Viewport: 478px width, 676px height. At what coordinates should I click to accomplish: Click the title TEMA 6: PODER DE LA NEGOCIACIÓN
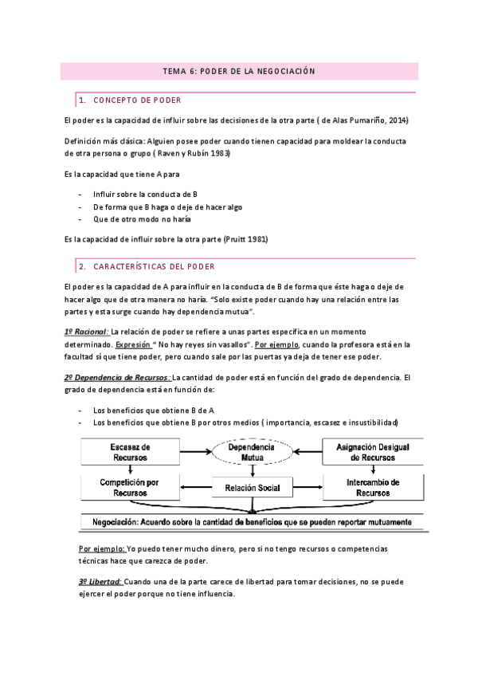click(x=239, y=71)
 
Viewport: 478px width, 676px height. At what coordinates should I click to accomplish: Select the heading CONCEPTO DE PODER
click(x=137, y=100)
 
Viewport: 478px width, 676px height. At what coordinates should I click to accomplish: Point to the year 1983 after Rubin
click(x=219, y=153)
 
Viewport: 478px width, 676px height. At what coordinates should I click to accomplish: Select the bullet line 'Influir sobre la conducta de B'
click(x=145, y=194)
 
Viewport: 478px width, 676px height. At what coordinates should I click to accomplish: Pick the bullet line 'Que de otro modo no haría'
click(x=142, y=218)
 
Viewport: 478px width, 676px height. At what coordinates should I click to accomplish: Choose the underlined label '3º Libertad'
click(x=100, y=583)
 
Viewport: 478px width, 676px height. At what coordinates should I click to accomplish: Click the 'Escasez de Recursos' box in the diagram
click(x=130, y=453)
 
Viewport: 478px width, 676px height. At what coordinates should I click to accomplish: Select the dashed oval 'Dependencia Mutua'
click(x=252, y=453)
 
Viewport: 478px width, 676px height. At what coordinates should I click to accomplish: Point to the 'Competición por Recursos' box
click(x=130, y=487)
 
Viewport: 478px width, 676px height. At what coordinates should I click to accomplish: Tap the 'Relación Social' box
click(x=252, y=487)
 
